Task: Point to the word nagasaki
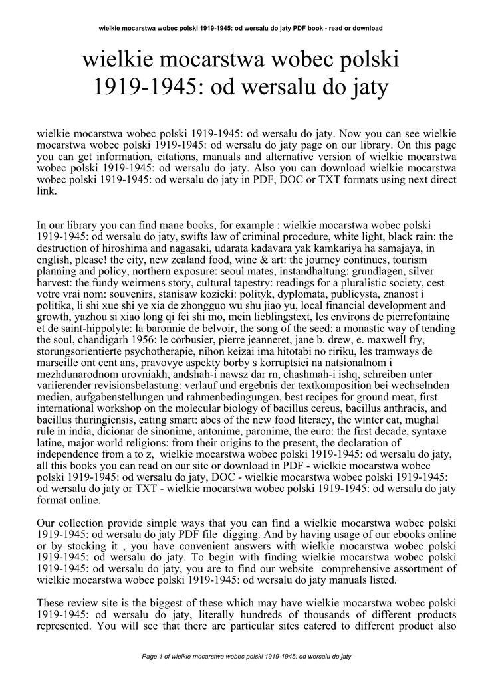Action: point(183,248)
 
